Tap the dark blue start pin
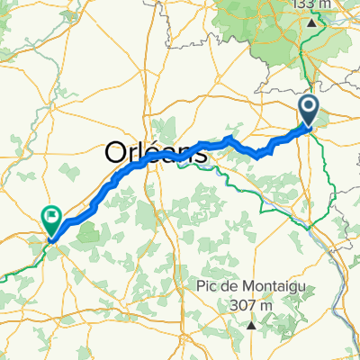309,112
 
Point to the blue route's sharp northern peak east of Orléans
228,139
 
